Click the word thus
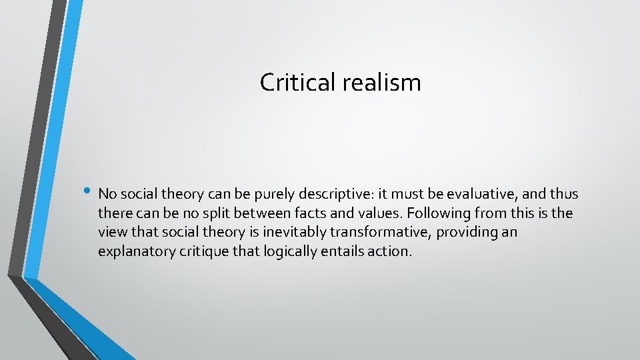pyautogui.click(x=564, y=194)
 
